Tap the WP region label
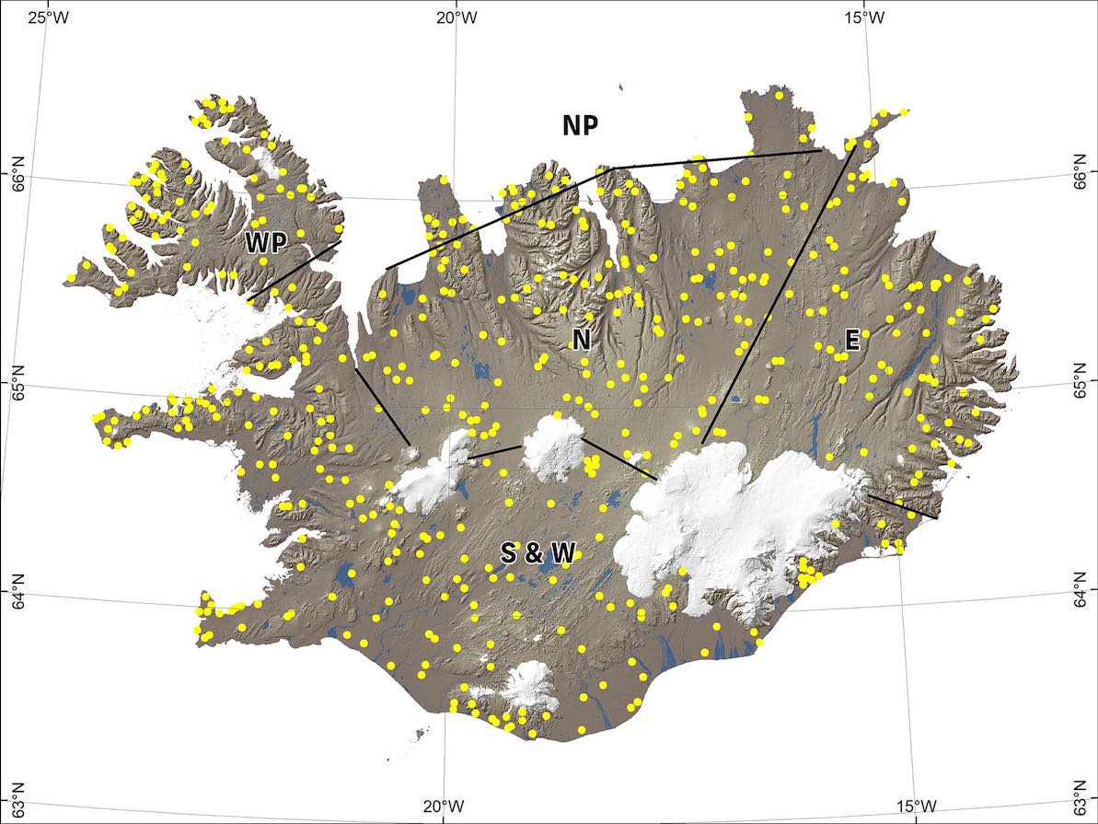266,242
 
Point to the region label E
851,342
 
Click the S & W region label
537,553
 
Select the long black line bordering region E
778,295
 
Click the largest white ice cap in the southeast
736,525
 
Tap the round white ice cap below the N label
554,442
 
